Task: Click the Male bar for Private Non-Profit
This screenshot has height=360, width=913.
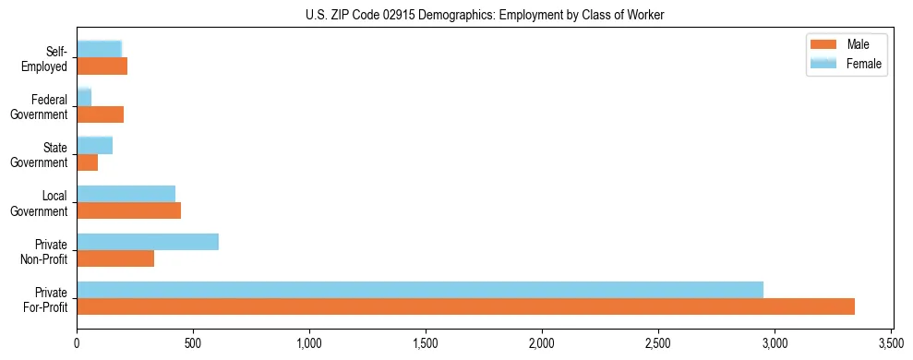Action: click(x=115, y=258)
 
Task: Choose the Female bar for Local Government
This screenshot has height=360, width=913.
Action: click(x=126, y=193)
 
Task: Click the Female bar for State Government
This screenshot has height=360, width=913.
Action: click(x=94, y=145)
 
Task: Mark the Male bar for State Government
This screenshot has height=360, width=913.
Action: click(x=87, y=162)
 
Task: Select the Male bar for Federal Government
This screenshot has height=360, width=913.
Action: click(x=100, y=114)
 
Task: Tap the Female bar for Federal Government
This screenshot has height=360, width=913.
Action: click(x=84, y=97)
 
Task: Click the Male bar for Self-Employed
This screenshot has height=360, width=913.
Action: click(x=102, y=66)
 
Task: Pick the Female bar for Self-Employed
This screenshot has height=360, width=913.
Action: click(x=99, y=49)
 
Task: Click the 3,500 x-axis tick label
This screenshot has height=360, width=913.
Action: click(x=891, y=344)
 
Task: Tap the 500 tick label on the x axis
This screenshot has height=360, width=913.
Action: click(x=193, y=344)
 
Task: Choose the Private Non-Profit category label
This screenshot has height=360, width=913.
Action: click(x=46, y=252)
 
